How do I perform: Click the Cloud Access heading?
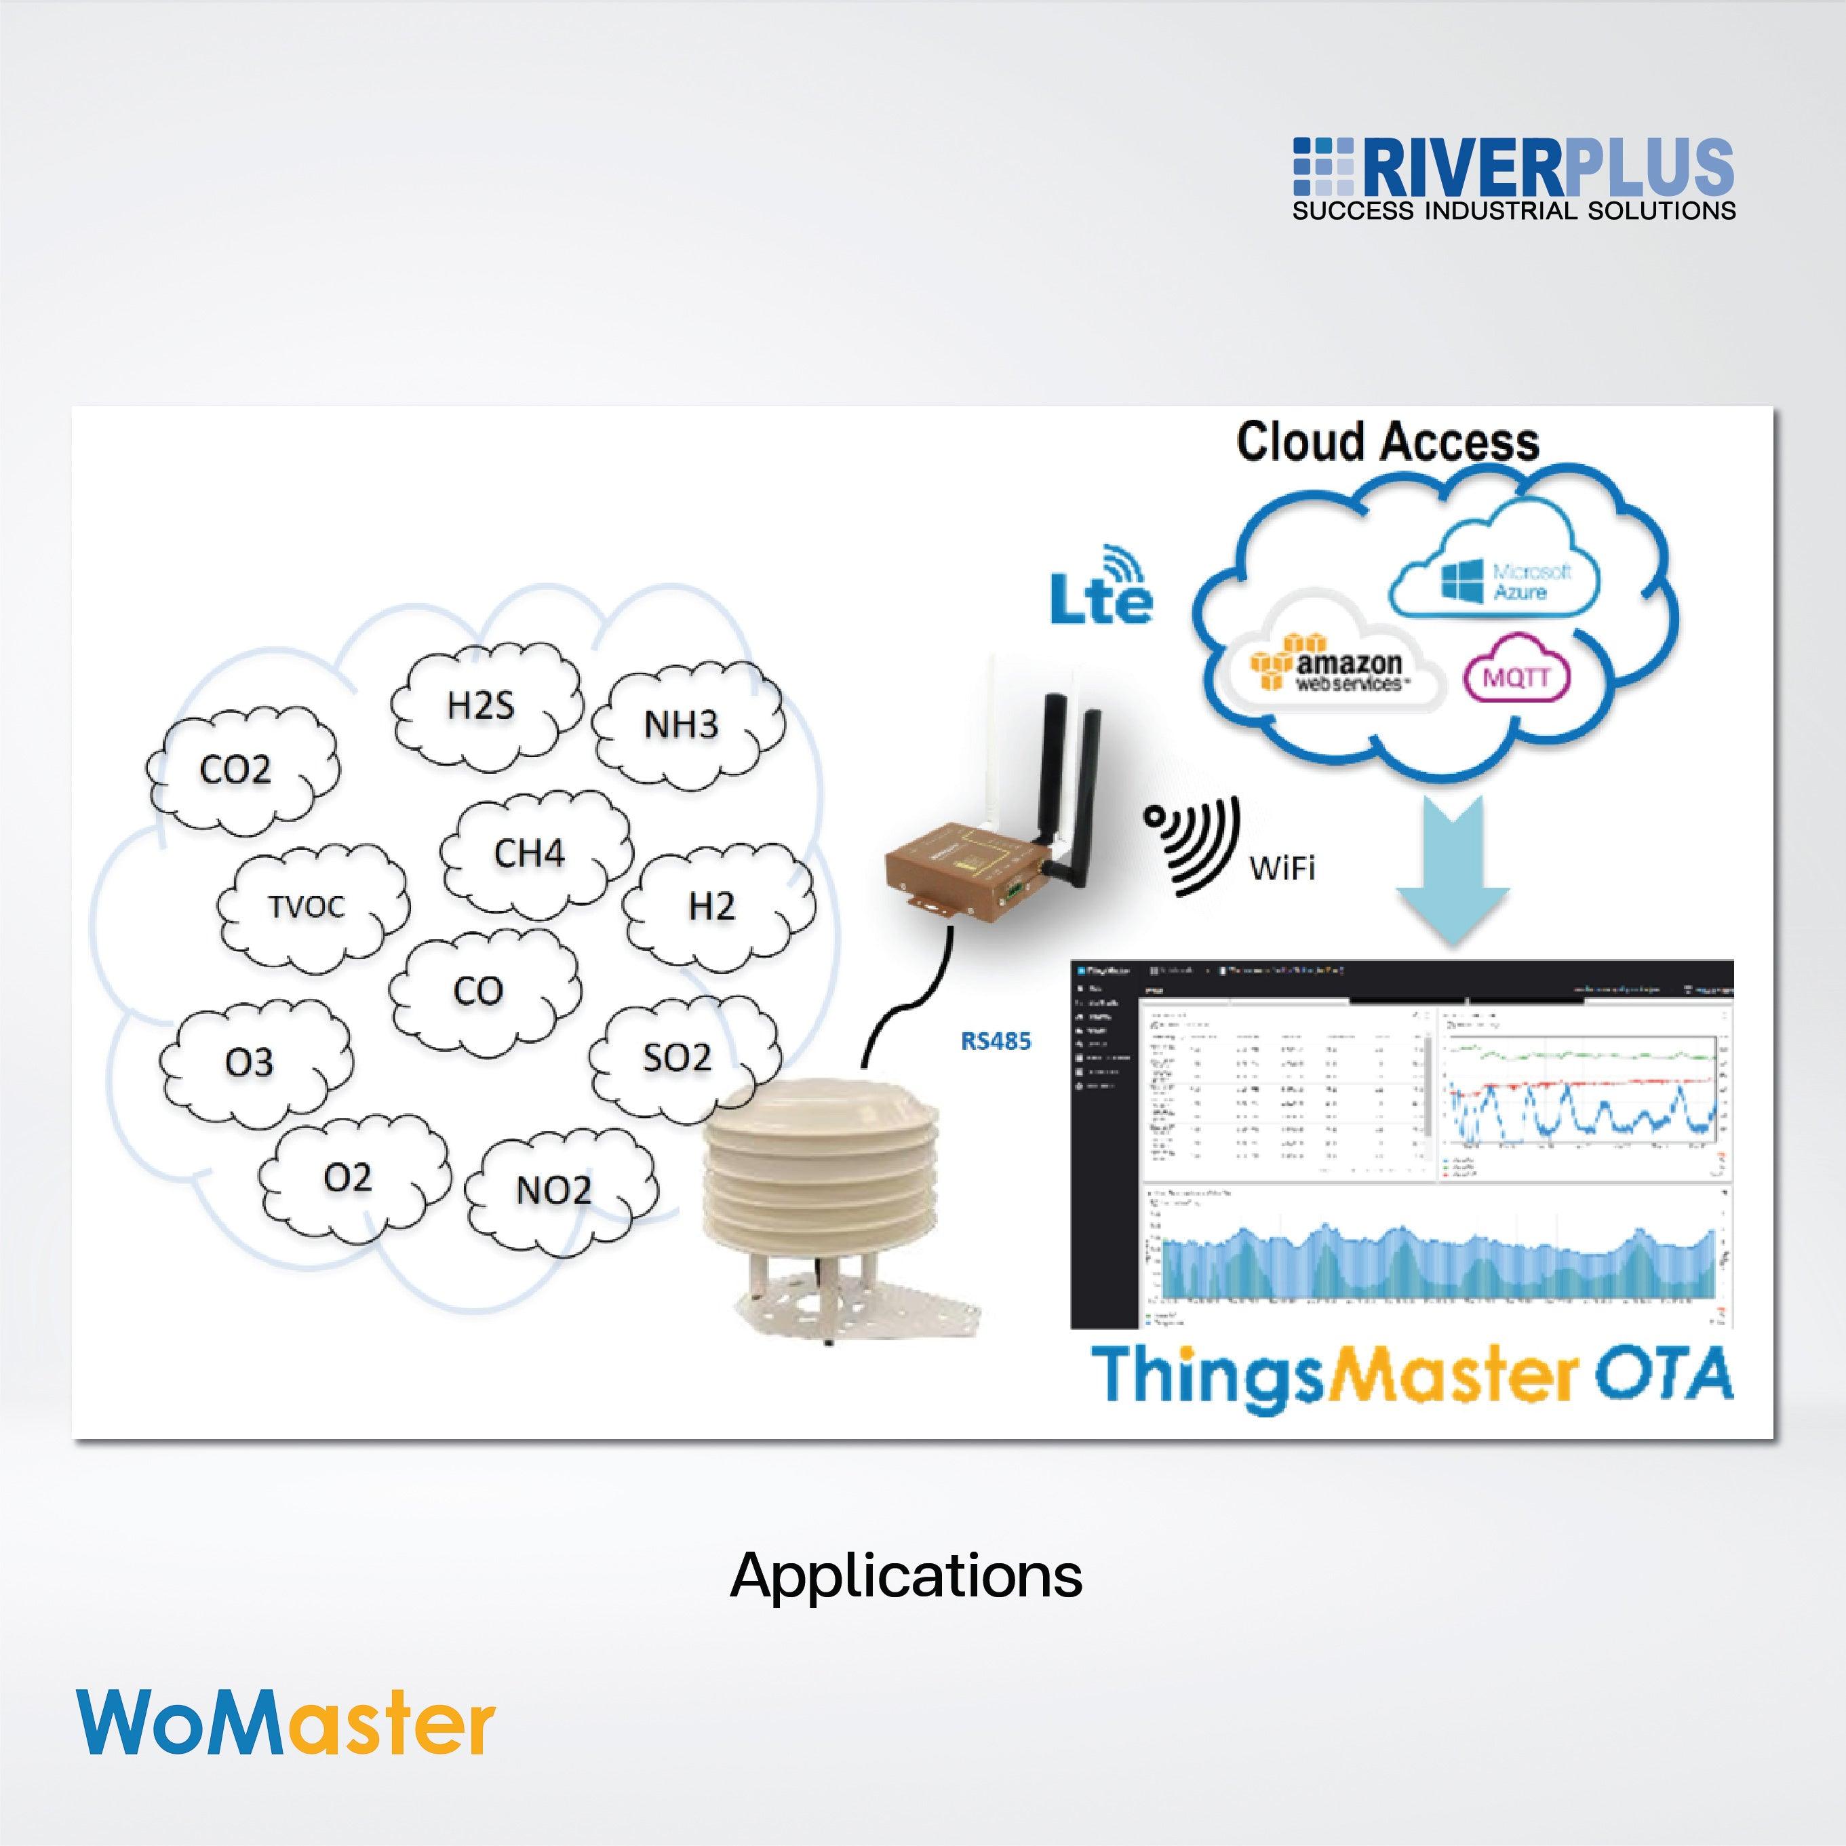(x=1388, y=442)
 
